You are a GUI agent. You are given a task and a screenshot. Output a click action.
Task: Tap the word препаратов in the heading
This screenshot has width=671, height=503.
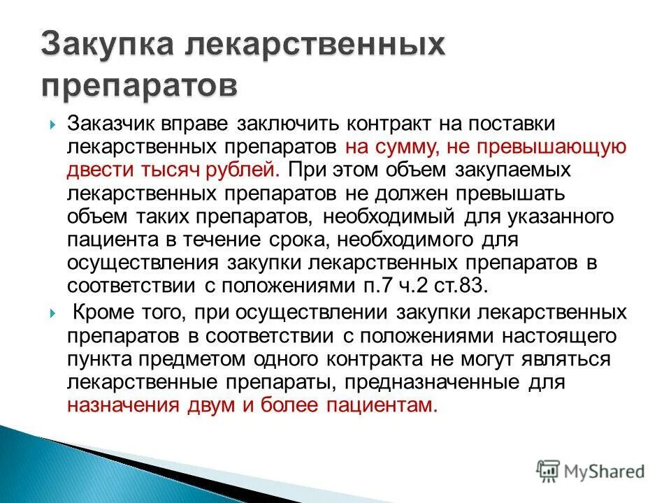click(x=139, y=86)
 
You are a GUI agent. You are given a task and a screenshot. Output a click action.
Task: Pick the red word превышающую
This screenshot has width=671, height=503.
click(x=551, y=147)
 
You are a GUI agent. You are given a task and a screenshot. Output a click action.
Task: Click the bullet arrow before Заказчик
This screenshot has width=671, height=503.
click(x=54, y=124)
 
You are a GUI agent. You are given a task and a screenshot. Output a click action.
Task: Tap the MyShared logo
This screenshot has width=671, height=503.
click(x=591, y=471)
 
